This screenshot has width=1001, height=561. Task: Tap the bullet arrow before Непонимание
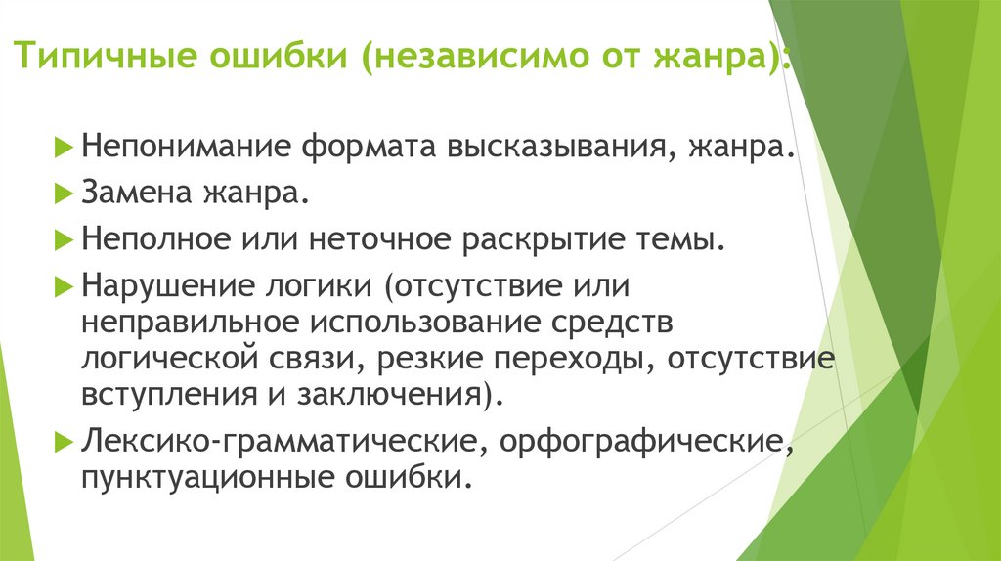65,149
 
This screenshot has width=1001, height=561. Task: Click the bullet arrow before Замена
65,194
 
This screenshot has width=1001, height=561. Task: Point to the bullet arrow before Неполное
65,238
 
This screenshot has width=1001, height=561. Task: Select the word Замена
138,194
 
